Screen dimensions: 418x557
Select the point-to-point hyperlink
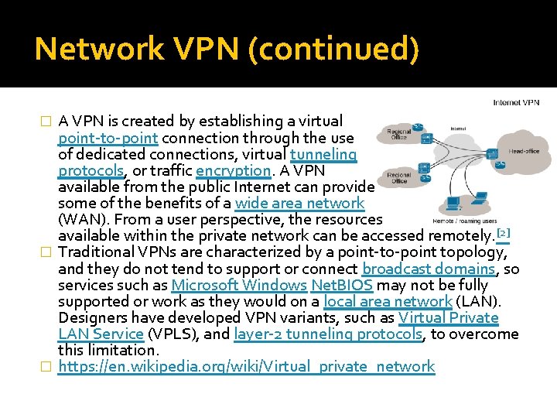coord(108,138)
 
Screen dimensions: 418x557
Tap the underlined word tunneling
coord(323,154)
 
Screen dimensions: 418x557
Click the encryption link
coord(233,170)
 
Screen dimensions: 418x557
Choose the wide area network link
coord(299,203)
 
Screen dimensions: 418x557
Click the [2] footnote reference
coord(503,233)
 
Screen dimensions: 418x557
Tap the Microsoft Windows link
coord(238,285)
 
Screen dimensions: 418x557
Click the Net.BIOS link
coord(341,285)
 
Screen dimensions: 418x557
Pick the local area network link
coord(388,301)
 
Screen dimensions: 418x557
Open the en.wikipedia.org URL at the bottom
coord(247,366)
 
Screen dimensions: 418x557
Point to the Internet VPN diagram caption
coord(516,102)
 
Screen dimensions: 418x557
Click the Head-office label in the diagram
coord(524,151)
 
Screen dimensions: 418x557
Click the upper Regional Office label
coord(399,134)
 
